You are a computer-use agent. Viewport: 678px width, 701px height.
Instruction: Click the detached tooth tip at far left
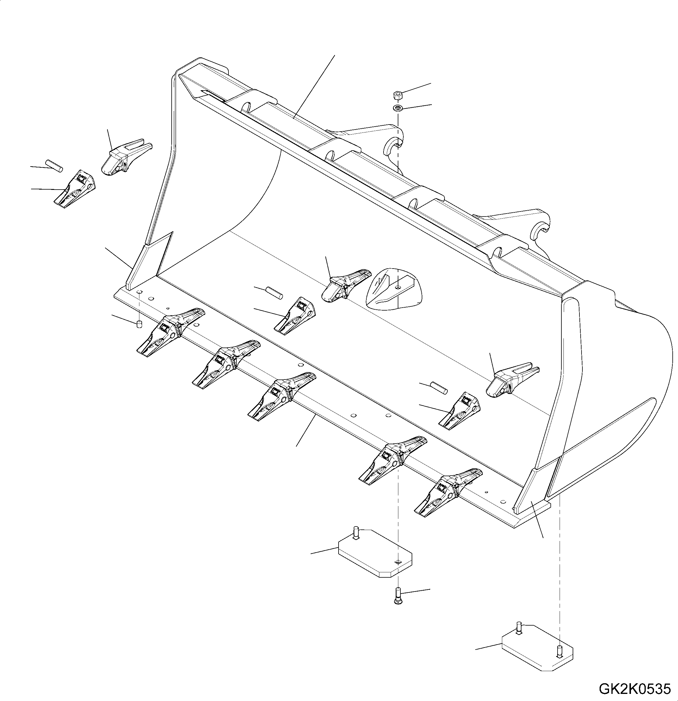coord(75,189)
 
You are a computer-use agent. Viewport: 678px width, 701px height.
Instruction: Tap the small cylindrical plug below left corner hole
coord(139,324)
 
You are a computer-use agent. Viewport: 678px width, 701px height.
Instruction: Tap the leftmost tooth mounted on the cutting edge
coord(168,331)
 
